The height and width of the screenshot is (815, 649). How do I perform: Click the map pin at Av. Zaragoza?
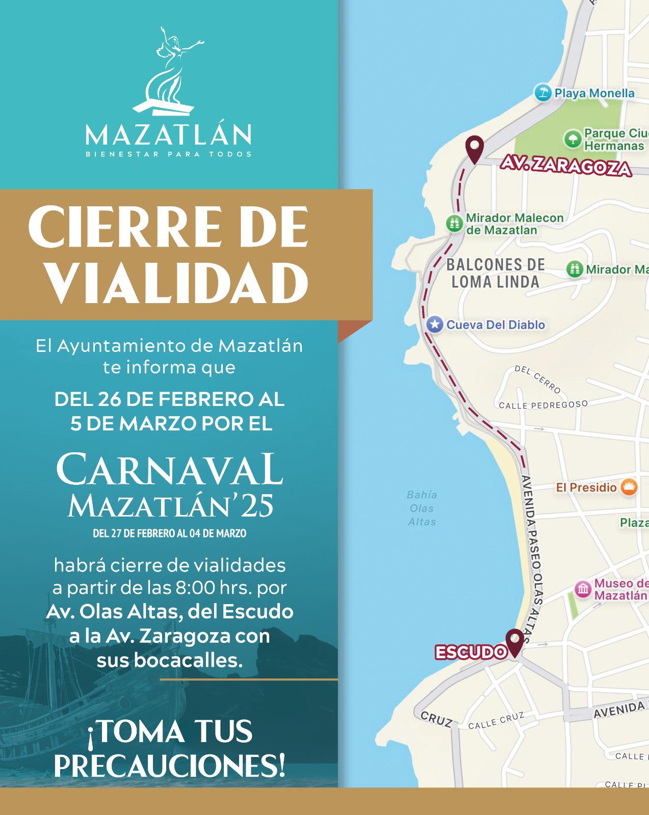pyautogui.click(x=474, y=149)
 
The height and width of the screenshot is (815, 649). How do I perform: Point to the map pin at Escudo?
pyautogui.click(x=514, y=642)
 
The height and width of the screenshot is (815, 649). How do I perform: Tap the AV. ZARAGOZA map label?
pyautogui.click(x=565, y=167)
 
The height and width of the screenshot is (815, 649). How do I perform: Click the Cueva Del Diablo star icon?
pyautogui.click(x=434, y=324)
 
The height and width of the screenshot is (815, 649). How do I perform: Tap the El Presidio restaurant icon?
pyautogui.click(x=629, y=487)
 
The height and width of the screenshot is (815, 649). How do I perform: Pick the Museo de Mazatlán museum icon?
pyautogui.click(x=583, y=589)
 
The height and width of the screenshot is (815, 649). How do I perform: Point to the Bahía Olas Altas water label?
pyautogui.click(x=422, y=508)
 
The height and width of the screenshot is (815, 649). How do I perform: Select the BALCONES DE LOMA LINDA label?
pyautogui.click(x=495, y=273)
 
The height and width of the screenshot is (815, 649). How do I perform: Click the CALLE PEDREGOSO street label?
pyautogui.click(x=543, y=405)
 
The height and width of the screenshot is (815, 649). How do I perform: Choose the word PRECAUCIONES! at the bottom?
pyautogui.click(x=169, y=767)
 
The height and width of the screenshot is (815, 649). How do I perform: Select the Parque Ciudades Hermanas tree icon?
pyautogui.click(x=573, y=139)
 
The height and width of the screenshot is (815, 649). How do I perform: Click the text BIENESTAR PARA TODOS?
pyautogui.click(x=168, y=154)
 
